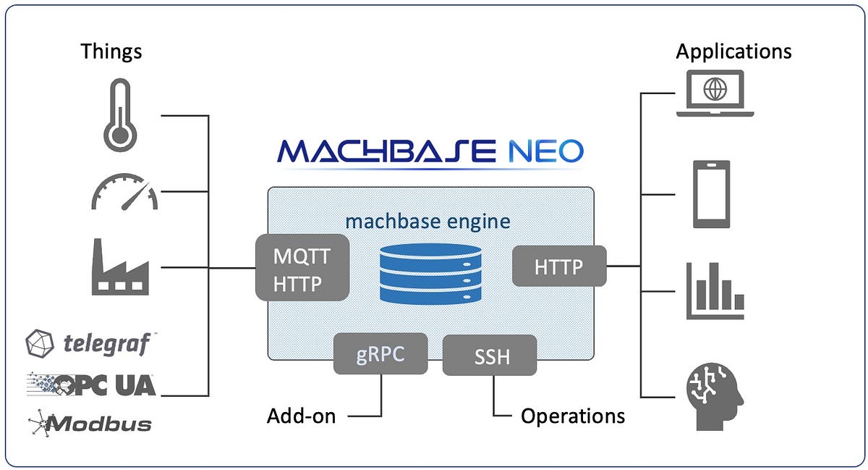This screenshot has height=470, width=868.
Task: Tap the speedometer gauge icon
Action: click(x=124, y=192)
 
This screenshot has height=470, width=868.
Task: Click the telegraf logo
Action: click(x=91, y=343)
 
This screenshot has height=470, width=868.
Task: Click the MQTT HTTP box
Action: click(x=302, y=267)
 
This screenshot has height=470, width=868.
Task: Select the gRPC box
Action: click(x=380, y=353)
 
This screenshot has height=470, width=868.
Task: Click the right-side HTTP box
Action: click(x=559, y=266)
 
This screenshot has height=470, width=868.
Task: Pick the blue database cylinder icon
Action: click(x=430, y=272)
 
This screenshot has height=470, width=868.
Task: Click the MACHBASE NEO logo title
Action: click(x=430, y=151)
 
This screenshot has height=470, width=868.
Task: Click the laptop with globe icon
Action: click(x=715, y=93)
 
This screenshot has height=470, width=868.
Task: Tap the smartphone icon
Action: click(x=712, y=194)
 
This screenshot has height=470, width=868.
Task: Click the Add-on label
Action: click(x=301, y=416)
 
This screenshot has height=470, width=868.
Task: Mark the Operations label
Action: click(x=573, y=416)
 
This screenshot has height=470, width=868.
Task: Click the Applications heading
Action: click(x=733, y=51)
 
